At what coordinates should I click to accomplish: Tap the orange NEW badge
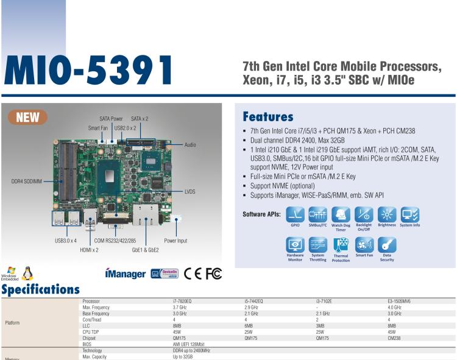27,117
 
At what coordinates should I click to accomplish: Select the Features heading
267,116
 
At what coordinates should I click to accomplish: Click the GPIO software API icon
295,214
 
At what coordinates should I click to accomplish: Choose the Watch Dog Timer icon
341,214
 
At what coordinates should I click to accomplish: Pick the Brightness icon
386,214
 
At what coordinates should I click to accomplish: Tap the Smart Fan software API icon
364,245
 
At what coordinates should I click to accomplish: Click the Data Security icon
386,245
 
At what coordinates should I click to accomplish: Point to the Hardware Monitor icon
295,245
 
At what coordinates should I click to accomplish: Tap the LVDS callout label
190,191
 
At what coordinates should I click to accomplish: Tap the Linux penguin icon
26,274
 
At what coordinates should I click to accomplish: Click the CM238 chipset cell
394,338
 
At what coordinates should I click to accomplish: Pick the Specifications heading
40,289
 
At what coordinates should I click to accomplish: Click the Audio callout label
190,145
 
